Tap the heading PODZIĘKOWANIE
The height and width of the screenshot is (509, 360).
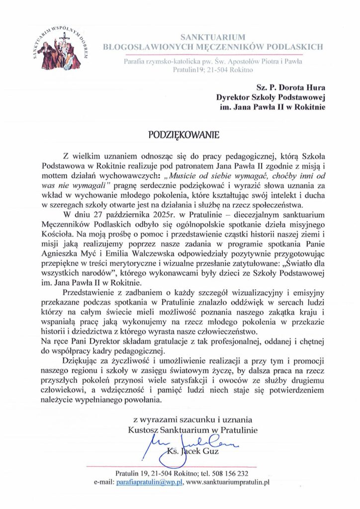coord(180,135)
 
